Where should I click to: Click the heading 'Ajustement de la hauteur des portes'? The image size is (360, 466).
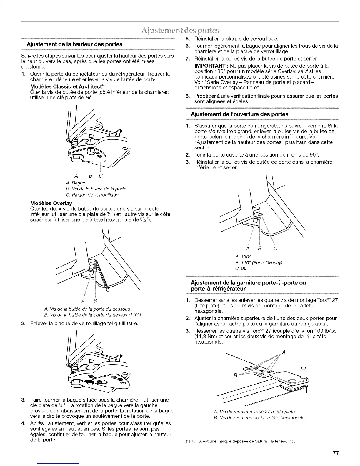[x=74, y=44]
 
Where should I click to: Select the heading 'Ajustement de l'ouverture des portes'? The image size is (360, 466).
[x=240, y=114]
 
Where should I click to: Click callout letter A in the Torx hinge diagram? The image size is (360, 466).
[x=283, y=352]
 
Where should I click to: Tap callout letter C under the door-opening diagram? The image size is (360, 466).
[x=275, y=249]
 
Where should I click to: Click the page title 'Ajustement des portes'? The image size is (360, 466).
[x=180, y=31]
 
